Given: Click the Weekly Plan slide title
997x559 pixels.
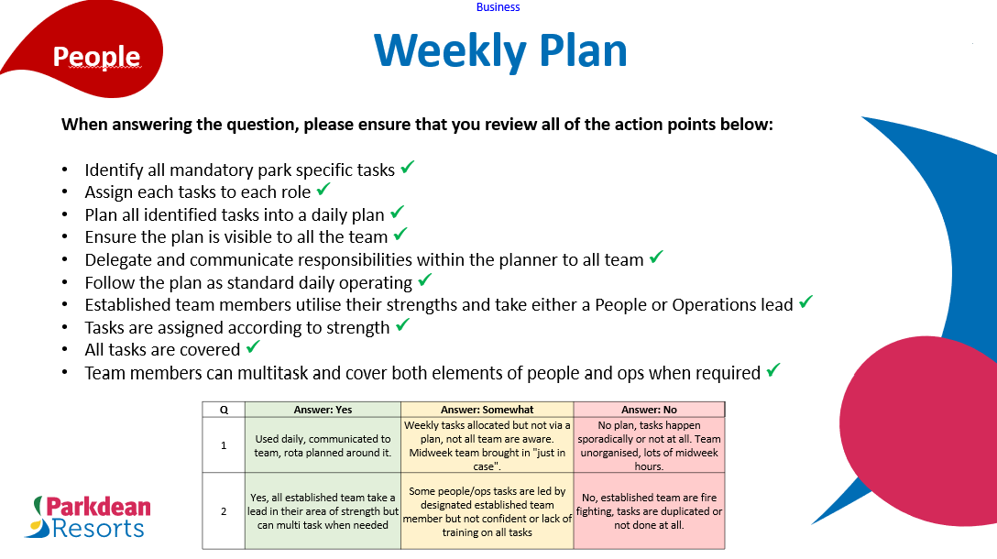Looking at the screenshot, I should (x=500, y=50).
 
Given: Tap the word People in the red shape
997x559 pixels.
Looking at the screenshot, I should (x=96, y=57).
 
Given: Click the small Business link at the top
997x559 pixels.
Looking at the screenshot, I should (x=498, y=7).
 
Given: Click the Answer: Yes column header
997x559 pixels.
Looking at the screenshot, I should (x=323, y=410).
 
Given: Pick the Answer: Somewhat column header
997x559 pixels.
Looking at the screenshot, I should (x=487, y=410).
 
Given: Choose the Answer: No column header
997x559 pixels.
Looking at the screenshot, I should (x=649, y=410).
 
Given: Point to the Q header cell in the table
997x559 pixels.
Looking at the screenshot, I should (x=224, y=410).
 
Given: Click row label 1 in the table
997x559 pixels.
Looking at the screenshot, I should (x=224, y=445).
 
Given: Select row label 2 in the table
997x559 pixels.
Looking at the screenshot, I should (x=224, y=511).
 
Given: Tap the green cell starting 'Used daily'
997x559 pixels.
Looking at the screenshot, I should (x=323, y=445).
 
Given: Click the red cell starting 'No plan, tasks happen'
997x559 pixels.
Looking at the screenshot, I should (x=649, y=445).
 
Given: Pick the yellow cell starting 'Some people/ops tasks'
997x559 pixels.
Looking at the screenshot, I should (x=487, y=511).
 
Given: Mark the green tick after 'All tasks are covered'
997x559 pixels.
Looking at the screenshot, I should (x=253, y=347).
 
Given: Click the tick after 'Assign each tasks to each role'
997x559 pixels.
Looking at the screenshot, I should (x=323, y=190).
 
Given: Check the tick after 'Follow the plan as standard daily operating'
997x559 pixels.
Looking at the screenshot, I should (x=424, y=280).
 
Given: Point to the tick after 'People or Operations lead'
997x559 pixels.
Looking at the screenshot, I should (x=805, y=301).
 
